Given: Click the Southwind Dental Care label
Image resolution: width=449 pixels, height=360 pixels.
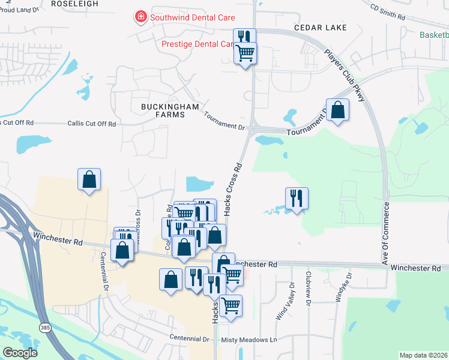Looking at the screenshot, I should [x=192, y=17].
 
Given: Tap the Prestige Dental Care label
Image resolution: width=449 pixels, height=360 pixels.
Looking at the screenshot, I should [x=197, y=44].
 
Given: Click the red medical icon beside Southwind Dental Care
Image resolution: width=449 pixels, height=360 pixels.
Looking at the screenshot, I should [x=141, y=17].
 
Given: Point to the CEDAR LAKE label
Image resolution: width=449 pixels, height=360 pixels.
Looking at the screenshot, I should [x=313, y=28].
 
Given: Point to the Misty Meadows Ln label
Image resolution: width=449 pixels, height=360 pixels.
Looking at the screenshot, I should [x=249, y=340].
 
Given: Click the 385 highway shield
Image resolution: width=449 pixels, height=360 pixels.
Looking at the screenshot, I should [x=45, y=327].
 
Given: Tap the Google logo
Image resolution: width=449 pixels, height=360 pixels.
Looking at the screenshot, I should [x=20, y=353].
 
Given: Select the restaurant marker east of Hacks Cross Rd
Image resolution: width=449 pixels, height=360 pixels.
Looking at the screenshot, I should [x=296, y=198].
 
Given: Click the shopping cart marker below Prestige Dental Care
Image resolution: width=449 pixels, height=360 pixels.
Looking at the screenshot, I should [x=245, y=53].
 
